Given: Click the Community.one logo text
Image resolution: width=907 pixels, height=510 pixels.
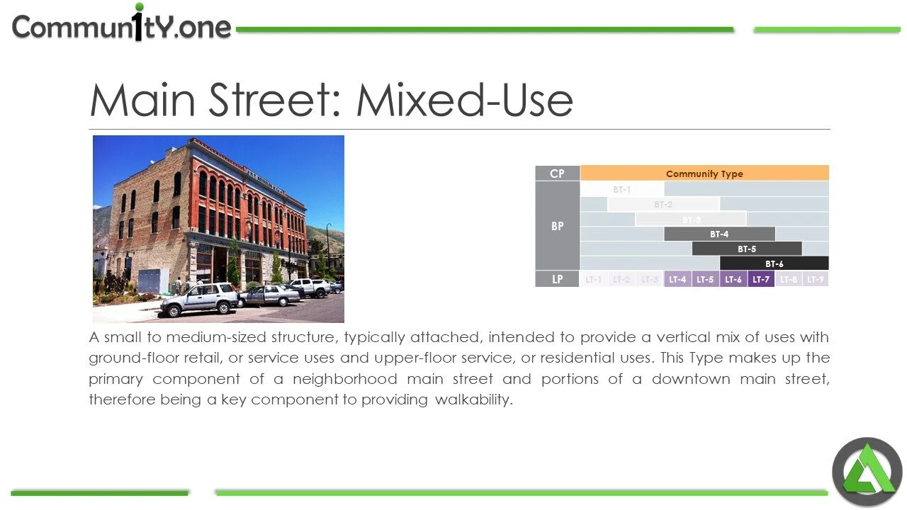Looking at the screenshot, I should [x=122, y=27].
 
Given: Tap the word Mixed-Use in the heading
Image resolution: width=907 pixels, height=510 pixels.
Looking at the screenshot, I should [x=464, y=101].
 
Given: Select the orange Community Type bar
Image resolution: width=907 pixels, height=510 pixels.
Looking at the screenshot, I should [x=704, y=174].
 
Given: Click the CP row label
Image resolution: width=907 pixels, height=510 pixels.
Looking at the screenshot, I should [x=558, y=174].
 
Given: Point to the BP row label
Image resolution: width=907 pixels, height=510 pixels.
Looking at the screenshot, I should [x=558, y=226].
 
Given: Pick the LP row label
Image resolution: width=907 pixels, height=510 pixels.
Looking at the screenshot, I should [x=558, y=279].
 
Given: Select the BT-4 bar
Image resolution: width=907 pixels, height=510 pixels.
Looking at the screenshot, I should [x=719, y=234].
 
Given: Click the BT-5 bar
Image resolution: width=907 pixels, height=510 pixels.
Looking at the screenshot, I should [x=747, y=249].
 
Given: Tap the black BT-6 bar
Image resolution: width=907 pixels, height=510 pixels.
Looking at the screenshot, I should [x=774, y=263].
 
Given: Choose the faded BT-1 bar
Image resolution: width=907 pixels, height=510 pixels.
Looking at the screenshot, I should [x=621, y=189].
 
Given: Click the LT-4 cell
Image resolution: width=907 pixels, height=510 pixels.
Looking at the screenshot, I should [x=677, y=279].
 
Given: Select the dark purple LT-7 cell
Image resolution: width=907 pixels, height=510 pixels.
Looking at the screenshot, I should [x=761, y=279].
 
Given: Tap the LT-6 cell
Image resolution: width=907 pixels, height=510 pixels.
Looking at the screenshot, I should [x=733, y=279].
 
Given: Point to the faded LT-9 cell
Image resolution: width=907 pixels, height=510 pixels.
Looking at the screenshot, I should [x=816, y=279].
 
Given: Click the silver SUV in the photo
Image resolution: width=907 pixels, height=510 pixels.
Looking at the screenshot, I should [x=199, y=299].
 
